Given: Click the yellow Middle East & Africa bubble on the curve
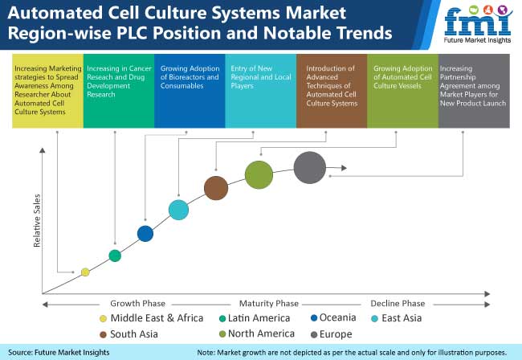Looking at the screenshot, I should pyautogui.click(x=85, y=272).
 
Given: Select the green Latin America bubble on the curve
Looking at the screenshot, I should pyautogui.click(x=115, y=256).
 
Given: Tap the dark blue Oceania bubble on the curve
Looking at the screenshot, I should pyautogui.click(x=145, y=233).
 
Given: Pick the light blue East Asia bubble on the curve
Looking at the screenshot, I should pyautogui.click(x=179, y=210).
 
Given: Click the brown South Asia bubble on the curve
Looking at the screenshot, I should pyautogui.click(x=215, y=188).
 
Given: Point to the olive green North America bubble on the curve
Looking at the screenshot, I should pyautogui.click(x=259, y=174).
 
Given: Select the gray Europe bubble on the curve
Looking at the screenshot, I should pyautogui.click(x=310, y=168).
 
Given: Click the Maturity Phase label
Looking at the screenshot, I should pyautogui.click(x=268, y=303).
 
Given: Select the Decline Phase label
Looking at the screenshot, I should pyautogui.click(x=398, y=303).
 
